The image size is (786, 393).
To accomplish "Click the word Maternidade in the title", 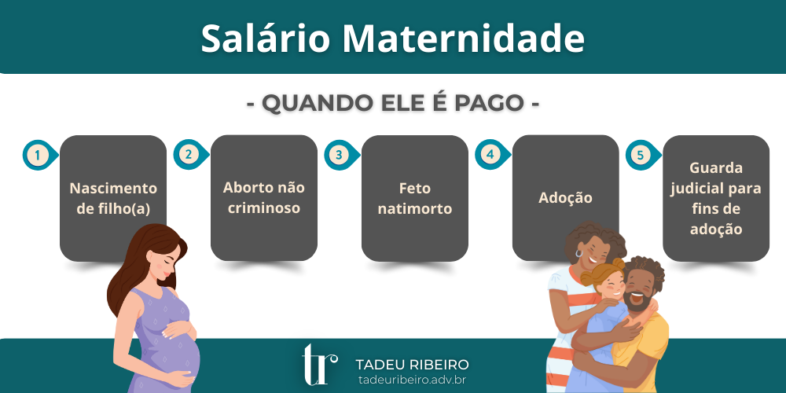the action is (464, 39).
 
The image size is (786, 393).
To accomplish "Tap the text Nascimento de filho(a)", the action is (113, 199).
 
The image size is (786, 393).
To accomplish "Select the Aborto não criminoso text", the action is (264, 197).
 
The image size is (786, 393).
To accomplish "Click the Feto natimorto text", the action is (415, 199).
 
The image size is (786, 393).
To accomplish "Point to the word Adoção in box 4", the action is (565, 198).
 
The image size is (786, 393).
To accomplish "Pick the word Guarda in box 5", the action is (716, 167).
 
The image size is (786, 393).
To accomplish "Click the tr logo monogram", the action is (319, 365).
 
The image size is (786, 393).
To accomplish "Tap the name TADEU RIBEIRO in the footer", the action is (412, 365).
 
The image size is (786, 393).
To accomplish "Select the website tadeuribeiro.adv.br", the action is (412, 380).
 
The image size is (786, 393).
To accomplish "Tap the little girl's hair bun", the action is (618, 263).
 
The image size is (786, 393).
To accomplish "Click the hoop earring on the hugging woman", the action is (579, 253).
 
